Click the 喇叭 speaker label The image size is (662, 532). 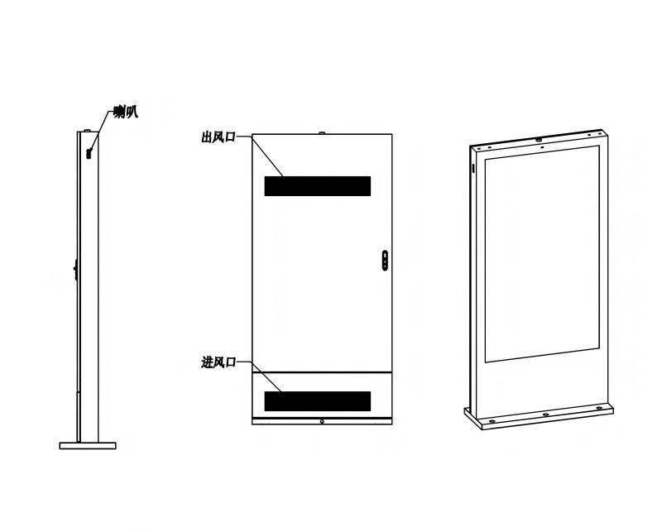click(x=126, y=113)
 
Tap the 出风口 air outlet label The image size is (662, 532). click(x=218, y=137)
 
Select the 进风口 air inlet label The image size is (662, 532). click(x=218, y=362)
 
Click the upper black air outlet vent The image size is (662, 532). click(x=318, y=186)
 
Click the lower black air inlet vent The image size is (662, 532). click(x=318, y=401)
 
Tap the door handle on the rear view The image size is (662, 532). click(x=385, y=260)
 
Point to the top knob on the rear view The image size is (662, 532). click(x=322, y=133)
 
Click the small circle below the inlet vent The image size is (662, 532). click(x=322, y=421)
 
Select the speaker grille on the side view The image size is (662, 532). click(x=89, y=152)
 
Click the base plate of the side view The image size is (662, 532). click(x=88, y=445)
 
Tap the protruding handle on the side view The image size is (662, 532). click(x=75, y=271)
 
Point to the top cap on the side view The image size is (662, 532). click(x=88, y=131)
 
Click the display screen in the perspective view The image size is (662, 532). click(x=542, y=254)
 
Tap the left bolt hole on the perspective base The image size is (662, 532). click(x=492, y=421)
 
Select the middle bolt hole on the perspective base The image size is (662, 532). click(x=545, y=415)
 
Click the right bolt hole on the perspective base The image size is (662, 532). click(x=598, y=408)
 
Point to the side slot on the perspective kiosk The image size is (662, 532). click(x=473, y=168)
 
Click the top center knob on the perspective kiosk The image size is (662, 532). click(x=539, y=139)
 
